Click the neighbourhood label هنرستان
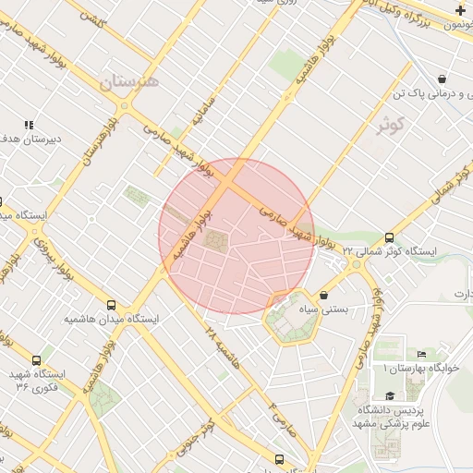click(129, 83)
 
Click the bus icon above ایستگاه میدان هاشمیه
click(112, 305)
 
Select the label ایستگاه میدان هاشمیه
click(111, 319)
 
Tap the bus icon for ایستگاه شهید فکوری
click(36, 360)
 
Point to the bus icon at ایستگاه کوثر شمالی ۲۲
click(390, 238)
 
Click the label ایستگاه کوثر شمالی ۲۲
click(389, 251)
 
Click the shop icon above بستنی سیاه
click(322, 296)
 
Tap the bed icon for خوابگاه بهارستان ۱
click(422, 354)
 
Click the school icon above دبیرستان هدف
click(29, 125)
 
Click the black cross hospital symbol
click(460, 10)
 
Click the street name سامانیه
click(202, 111)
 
